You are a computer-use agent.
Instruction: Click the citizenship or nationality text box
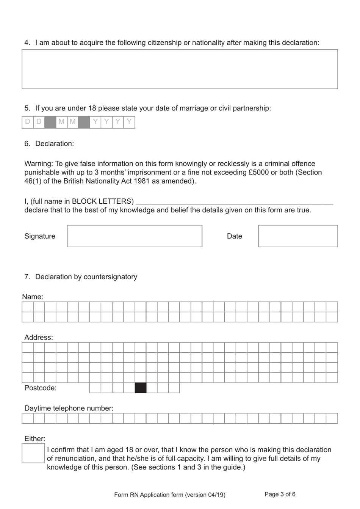(180, 69)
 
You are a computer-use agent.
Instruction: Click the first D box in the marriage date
(28, 122)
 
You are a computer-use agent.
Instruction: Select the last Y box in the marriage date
(129, 122)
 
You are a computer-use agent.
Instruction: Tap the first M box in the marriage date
(61, 122)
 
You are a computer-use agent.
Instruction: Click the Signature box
(135, 236)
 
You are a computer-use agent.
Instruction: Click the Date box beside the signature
(298, 236)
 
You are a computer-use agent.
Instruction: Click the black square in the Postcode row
(141, 388)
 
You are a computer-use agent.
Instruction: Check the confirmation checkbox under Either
(33, 453)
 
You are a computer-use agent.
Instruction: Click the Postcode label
(40, 388)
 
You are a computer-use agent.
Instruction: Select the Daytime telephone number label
(69, 408)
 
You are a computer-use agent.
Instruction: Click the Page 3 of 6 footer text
(280, 494)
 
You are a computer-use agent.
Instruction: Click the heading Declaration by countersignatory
(86, 277)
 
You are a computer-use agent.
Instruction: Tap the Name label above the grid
(33, 297)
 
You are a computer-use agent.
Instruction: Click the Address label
(39, 337)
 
